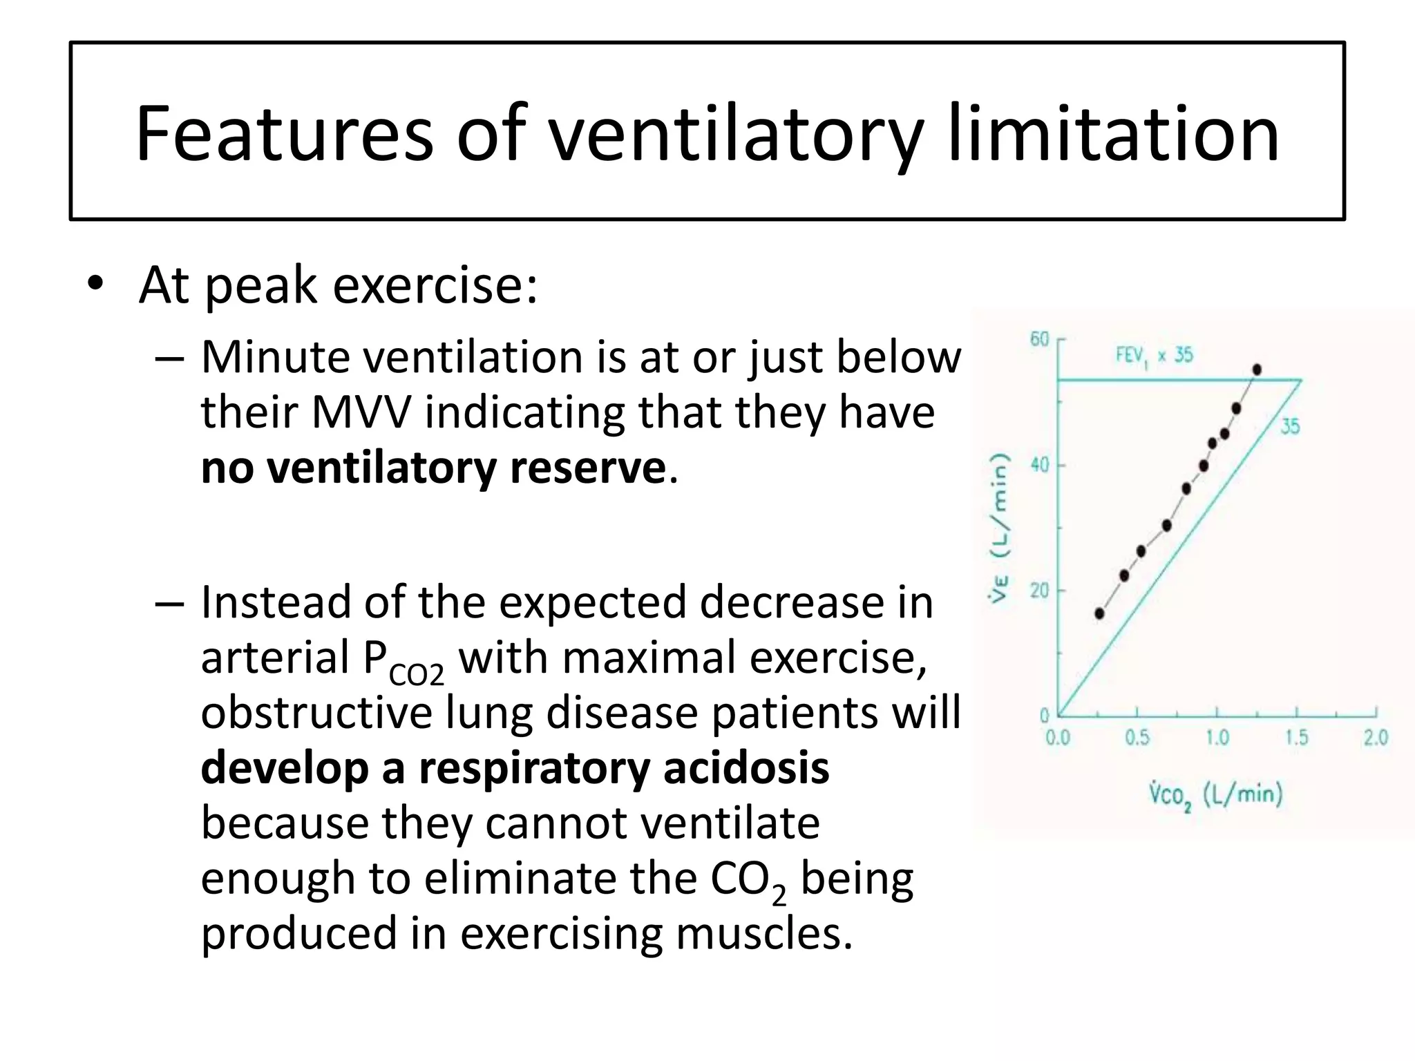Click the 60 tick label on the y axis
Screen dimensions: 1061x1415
point(1039,339)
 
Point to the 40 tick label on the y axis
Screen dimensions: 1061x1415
point(1039,465)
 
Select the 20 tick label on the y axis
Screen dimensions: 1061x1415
point(1039,591)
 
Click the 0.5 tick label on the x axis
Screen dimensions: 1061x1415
point(1137,738)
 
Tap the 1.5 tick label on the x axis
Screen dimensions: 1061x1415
point(1296,738)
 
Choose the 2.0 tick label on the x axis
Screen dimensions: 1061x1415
point(1376,738)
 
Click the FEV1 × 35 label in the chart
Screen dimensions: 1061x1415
point(1154,356)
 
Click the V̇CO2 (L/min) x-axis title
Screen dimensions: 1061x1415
point(1216,796)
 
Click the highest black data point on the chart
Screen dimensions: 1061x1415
point(1257,370)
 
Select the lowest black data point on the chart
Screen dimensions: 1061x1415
point(1099,613)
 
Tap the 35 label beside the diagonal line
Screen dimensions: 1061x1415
point(1290,426)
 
